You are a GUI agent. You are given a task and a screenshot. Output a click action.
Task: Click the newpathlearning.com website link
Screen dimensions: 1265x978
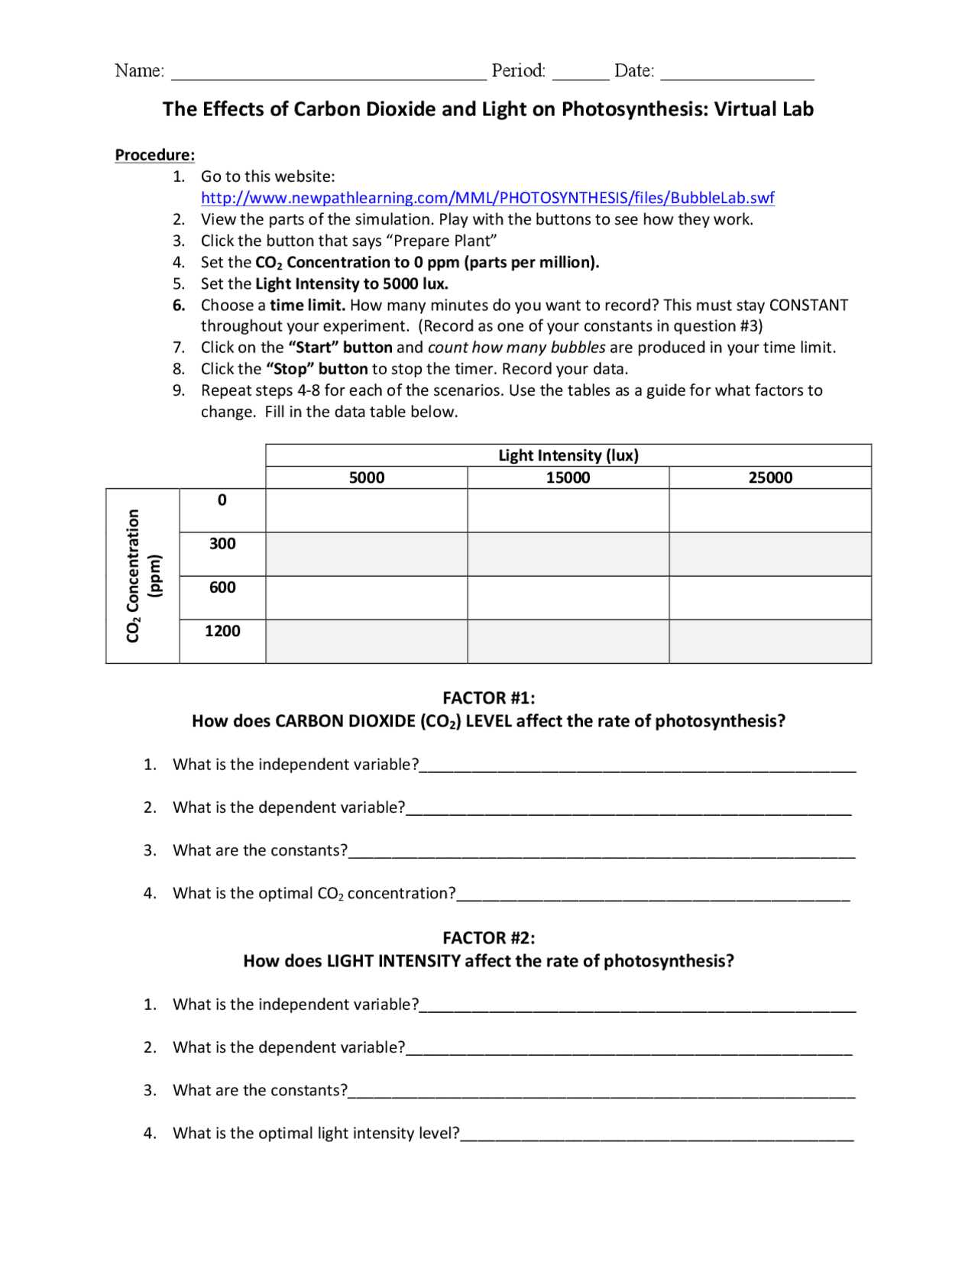487,198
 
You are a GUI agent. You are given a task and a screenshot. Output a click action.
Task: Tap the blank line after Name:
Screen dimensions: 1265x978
329,75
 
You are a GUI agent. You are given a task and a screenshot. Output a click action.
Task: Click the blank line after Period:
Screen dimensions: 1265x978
580,75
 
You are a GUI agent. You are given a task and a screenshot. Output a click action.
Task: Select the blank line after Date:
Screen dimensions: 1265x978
737,75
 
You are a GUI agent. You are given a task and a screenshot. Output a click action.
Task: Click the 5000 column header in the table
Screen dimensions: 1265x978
367,477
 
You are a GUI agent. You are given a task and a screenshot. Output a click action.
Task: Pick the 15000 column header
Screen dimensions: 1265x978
568,477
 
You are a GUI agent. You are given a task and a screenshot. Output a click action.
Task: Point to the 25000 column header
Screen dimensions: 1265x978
770,477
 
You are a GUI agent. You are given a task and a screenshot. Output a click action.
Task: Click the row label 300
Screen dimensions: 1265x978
222,544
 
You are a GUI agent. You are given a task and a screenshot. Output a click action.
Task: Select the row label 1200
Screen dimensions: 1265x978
222,631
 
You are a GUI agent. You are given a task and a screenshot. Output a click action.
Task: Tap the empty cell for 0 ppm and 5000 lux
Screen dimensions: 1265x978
367,510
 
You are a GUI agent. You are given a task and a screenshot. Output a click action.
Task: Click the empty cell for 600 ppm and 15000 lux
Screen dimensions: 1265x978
568,597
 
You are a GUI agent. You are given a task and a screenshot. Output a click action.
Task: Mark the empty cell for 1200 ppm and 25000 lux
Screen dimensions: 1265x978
770,641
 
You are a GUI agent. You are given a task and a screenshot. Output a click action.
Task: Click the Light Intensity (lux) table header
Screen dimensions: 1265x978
568,455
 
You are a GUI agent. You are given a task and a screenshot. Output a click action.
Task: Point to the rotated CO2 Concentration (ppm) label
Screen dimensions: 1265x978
142,576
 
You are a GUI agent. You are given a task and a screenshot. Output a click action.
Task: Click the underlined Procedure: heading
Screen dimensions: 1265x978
155,155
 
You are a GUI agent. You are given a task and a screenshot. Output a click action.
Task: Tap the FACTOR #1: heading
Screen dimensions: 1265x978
489,697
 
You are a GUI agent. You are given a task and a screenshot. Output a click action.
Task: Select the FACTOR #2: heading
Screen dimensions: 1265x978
489,937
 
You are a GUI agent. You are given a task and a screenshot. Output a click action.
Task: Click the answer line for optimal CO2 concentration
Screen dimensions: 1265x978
653,897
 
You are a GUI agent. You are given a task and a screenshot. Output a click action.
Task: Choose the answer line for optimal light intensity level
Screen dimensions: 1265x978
657,1137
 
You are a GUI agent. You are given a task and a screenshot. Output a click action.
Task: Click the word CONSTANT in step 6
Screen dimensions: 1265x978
808,306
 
